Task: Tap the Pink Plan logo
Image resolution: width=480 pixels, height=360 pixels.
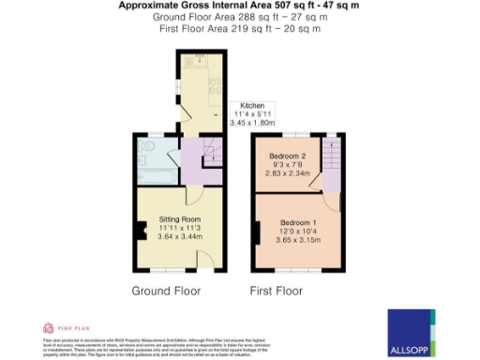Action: coord(62,327)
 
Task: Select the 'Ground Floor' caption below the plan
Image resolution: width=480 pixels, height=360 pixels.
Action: coord(166,290)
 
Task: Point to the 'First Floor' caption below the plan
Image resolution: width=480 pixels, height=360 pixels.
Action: coord(275,290)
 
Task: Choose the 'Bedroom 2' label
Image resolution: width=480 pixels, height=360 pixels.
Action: coord(287,155)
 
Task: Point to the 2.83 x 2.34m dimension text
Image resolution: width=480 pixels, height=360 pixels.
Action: coord(287,172)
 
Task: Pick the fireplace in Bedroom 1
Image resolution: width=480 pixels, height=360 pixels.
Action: coord(257,232)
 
